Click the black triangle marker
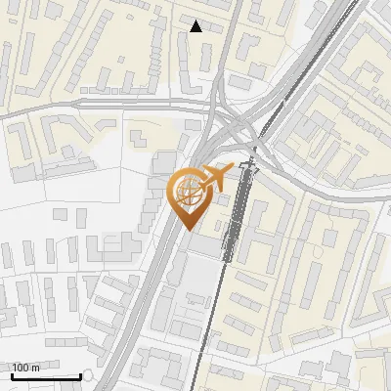(195, 26)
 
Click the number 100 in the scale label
(20, 367)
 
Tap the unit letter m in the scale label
(35, 367)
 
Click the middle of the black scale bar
(46, 375)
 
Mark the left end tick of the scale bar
(12, 374)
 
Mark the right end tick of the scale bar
(80, 374)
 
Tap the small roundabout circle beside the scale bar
(89, 374)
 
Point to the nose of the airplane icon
(232, 170)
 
